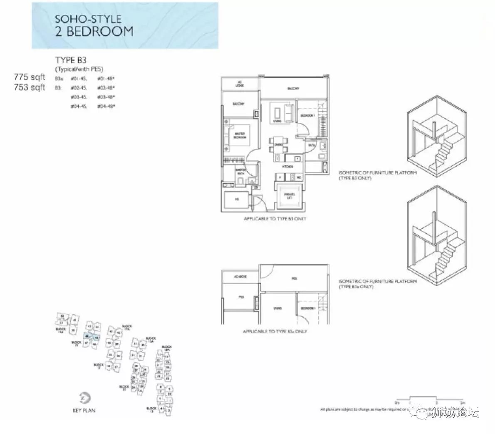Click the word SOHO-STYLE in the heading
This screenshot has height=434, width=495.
click(88, 19)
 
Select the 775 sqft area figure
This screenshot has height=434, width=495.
click(29, 77)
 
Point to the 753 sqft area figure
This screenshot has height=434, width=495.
click(29, 87)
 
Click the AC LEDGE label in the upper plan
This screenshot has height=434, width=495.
click(240, 84)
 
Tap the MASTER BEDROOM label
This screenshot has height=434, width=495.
click(240, 135)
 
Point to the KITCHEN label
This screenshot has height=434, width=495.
click(287, 167)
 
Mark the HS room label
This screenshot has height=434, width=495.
click(237, 200)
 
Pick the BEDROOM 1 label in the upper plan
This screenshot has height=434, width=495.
click(308, 115)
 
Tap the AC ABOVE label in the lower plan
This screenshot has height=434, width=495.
click(240, 277)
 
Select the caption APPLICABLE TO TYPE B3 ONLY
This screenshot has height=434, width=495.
click(275, 219)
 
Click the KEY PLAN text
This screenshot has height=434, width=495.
click(84, 411)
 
